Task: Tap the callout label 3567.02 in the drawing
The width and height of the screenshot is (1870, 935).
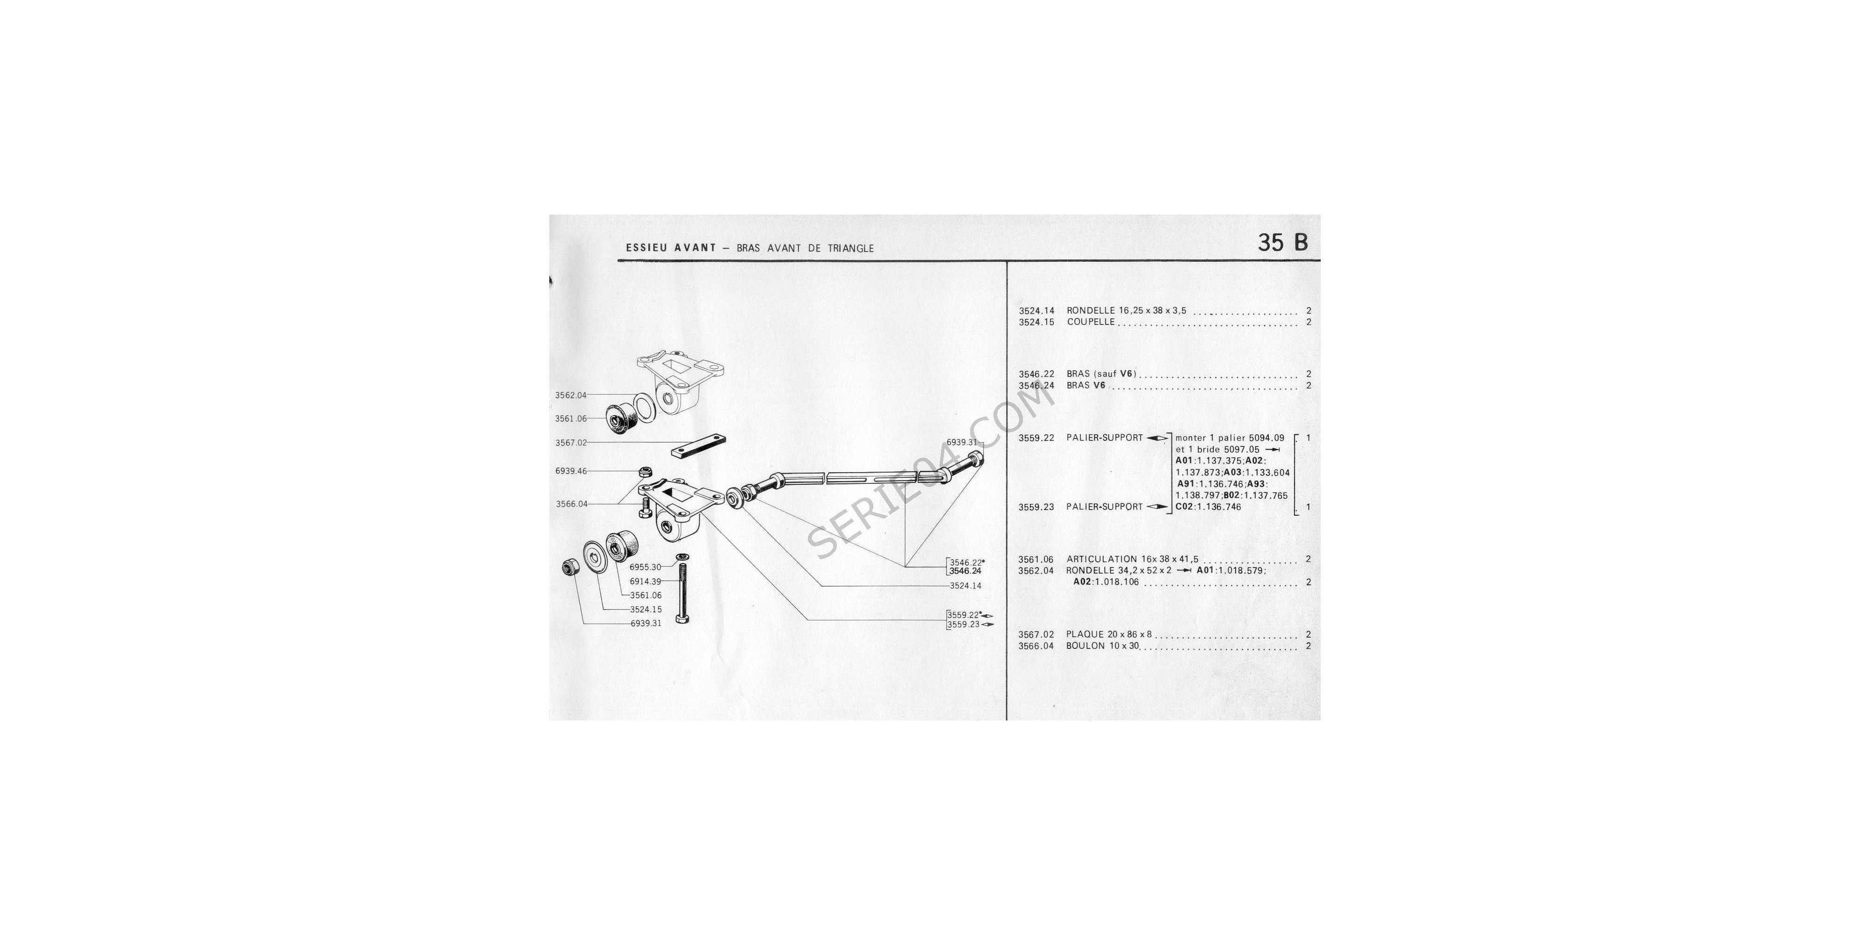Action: coord(570,442)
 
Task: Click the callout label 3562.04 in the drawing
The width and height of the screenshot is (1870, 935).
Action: coord(570,396)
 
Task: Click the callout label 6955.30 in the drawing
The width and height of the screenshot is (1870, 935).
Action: coord(645,567)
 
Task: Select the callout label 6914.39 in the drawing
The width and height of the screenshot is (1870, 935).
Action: coord(645,582)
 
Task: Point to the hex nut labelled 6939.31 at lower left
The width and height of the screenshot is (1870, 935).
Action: coord(570,567)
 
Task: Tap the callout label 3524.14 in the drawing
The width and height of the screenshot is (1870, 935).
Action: coord(965,585)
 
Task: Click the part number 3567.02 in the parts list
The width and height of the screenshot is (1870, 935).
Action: coord(1036,634)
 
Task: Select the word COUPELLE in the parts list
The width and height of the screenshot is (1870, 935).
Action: coord(1090,322)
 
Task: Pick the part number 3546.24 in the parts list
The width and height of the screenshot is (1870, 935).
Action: coord(1036,386)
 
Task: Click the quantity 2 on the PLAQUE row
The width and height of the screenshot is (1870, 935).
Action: coord(1308,634)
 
